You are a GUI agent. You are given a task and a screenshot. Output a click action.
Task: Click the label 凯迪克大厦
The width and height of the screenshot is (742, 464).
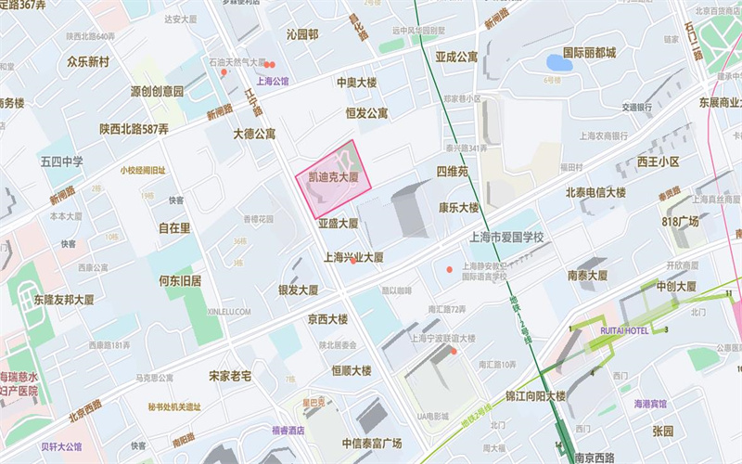point(334,176)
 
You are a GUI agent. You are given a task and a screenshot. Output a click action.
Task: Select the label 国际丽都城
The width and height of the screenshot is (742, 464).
point(590,53)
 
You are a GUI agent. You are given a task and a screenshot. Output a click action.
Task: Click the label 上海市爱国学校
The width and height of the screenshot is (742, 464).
point(506,238)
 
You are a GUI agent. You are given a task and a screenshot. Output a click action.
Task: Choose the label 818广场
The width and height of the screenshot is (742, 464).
point(680,222)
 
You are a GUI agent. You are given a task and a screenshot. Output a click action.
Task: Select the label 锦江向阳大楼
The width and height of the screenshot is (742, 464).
point(535,396)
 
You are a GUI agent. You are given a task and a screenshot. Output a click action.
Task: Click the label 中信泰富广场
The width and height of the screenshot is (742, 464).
point(371,443)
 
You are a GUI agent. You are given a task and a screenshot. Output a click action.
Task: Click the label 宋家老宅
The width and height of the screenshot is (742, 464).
point(230,376)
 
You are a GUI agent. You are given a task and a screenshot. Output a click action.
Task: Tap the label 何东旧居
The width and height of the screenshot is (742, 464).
point(180,280)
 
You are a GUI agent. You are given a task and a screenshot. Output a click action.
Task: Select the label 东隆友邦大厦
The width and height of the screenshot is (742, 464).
point(64,300)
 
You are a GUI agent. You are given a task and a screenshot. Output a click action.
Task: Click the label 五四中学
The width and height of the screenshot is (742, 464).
point(61,161)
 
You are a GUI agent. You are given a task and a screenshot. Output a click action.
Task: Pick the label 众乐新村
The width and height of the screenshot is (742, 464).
point(88,62)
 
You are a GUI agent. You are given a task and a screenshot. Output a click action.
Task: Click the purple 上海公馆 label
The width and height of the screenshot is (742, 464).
point(273,82)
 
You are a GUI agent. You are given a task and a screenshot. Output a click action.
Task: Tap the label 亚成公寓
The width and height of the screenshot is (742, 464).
point(456,57)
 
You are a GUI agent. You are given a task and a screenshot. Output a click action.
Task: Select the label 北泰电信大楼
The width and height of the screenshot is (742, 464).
point(598,192)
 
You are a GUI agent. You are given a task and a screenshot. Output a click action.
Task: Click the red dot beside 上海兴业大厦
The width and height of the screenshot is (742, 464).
point(353,261)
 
